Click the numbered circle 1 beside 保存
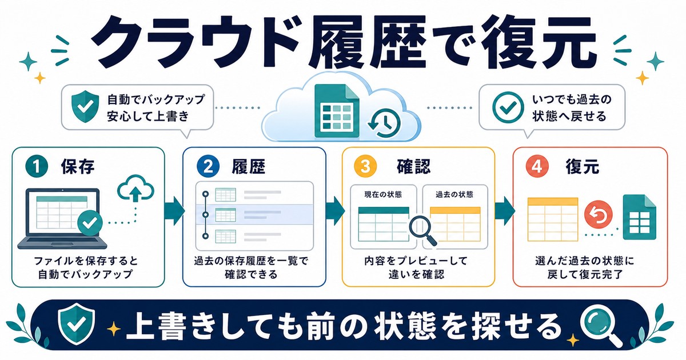click(x=37, y=167)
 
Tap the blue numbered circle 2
click(x=208, y=167)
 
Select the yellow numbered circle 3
click(x=365, y=167)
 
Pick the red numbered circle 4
click(x=537, y=167)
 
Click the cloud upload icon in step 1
click(x=135, y=188)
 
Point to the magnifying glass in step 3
click(x=423, y=231)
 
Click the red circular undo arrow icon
click(x=598, y=215)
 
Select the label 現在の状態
click(x=383, y=194)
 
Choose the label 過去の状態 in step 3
click(x=455, y=194)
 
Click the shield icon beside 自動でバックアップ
click(x=85, y=106)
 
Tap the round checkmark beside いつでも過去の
click(x=508, y=107)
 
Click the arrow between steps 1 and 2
click(x=174, y=211)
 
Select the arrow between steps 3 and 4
click(x=505, y=211)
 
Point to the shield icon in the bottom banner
click(x=77, y=324)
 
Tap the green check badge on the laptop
click(x=90, y=222)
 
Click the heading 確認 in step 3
click(x=413, y=167)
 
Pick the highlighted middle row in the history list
click(x=254, y=214)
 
